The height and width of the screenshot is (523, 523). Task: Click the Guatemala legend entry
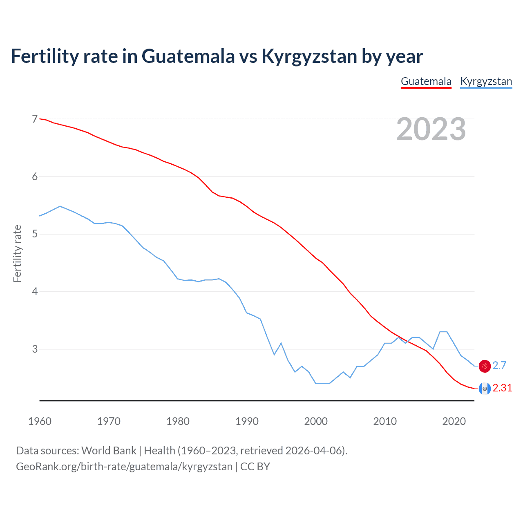426,81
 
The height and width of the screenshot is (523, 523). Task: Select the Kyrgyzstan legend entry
486,81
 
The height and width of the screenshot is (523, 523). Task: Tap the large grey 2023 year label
431,130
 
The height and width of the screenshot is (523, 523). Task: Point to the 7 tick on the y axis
35,119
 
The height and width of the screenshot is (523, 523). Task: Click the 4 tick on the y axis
35,292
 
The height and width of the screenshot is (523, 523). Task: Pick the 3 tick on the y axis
35,349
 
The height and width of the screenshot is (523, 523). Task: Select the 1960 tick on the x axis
40,421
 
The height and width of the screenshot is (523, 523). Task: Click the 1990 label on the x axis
247,421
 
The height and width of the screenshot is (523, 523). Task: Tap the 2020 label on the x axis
454,421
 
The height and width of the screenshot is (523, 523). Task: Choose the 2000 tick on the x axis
316,421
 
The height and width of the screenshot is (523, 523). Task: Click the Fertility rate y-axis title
17,253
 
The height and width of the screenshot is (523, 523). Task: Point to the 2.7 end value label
499,366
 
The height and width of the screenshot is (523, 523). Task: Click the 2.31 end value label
502,388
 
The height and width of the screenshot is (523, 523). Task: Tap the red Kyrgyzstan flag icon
485,366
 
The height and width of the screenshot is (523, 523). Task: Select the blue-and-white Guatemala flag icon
485,389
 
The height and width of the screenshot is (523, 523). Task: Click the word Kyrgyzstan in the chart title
309,56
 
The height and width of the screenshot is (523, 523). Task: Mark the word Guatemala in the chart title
188,56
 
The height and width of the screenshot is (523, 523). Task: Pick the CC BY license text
255,467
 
